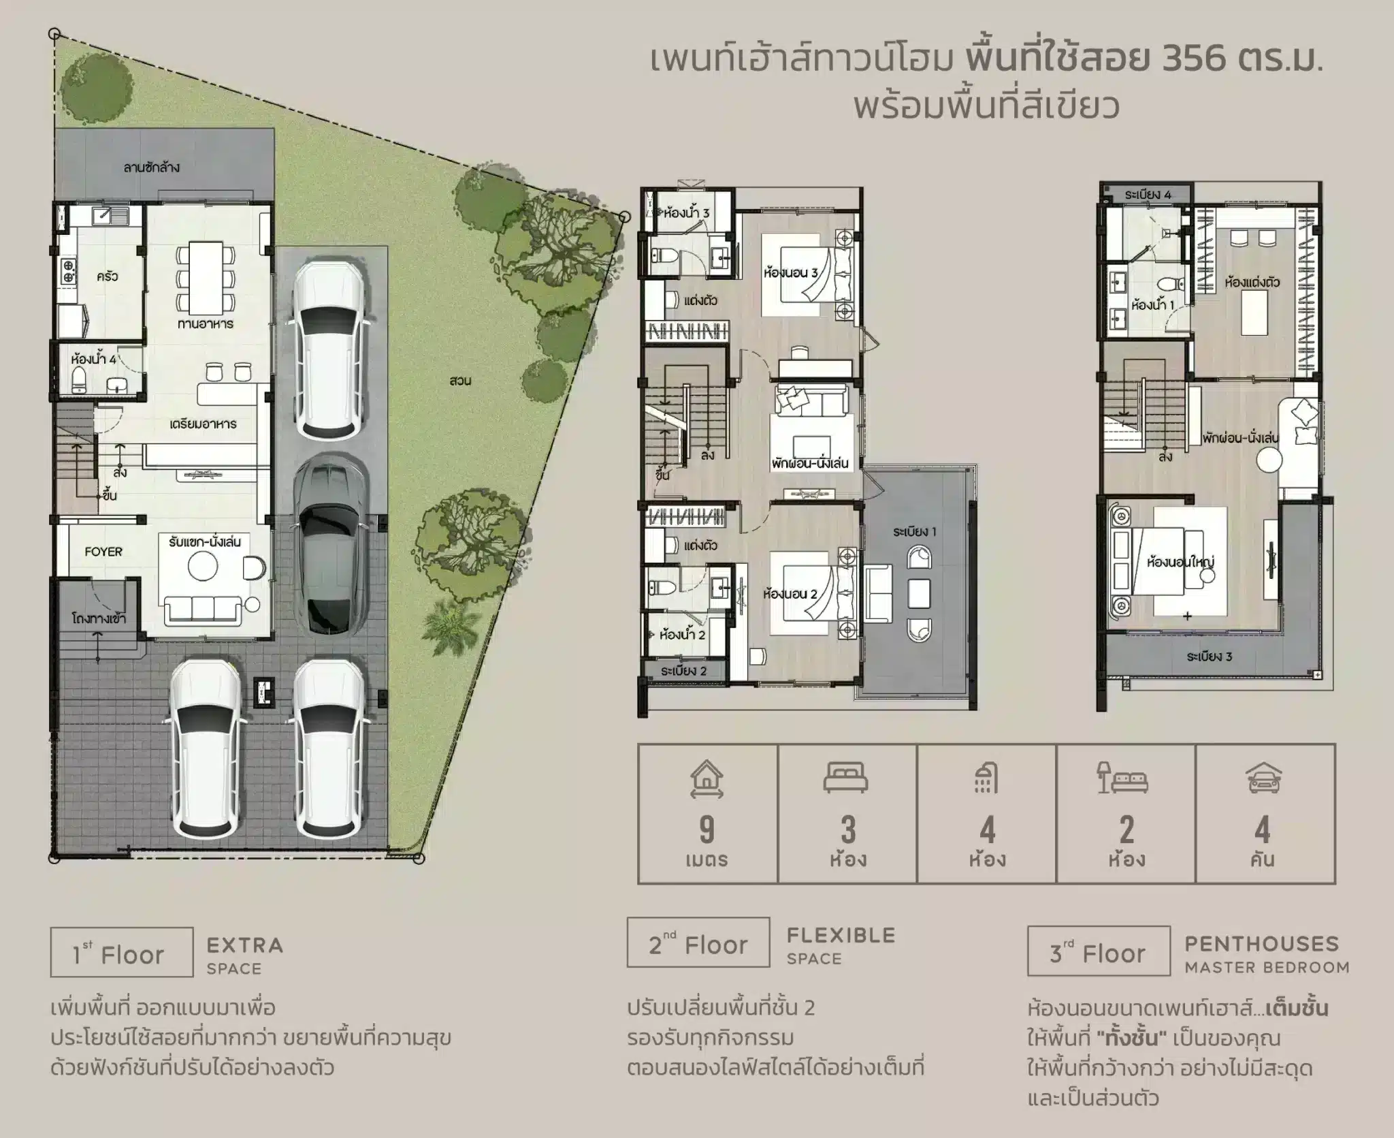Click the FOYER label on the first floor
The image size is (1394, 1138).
tap(103, 552)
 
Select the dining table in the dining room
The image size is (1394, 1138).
tap(206, 277)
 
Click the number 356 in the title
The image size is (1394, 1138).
tap(1199, 60)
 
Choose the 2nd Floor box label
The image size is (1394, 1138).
tap(698, 943)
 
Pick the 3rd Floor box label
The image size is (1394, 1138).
tap(1099, 951)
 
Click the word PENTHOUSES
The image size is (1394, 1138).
tap(1262, 944)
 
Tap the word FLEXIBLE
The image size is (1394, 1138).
tap(841, 935)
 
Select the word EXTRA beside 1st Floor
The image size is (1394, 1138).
tap(245, 945)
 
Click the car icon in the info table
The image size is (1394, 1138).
tap(1263, 778)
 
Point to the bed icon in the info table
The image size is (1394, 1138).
tap(846, 777)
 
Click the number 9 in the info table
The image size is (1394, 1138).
tap(707, 830)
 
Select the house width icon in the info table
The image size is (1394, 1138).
tap(707, 779)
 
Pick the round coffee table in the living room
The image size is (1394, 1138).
tap(203, 565)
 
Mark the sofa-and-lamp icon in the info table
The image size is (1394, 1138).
tap(1124, 778)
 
